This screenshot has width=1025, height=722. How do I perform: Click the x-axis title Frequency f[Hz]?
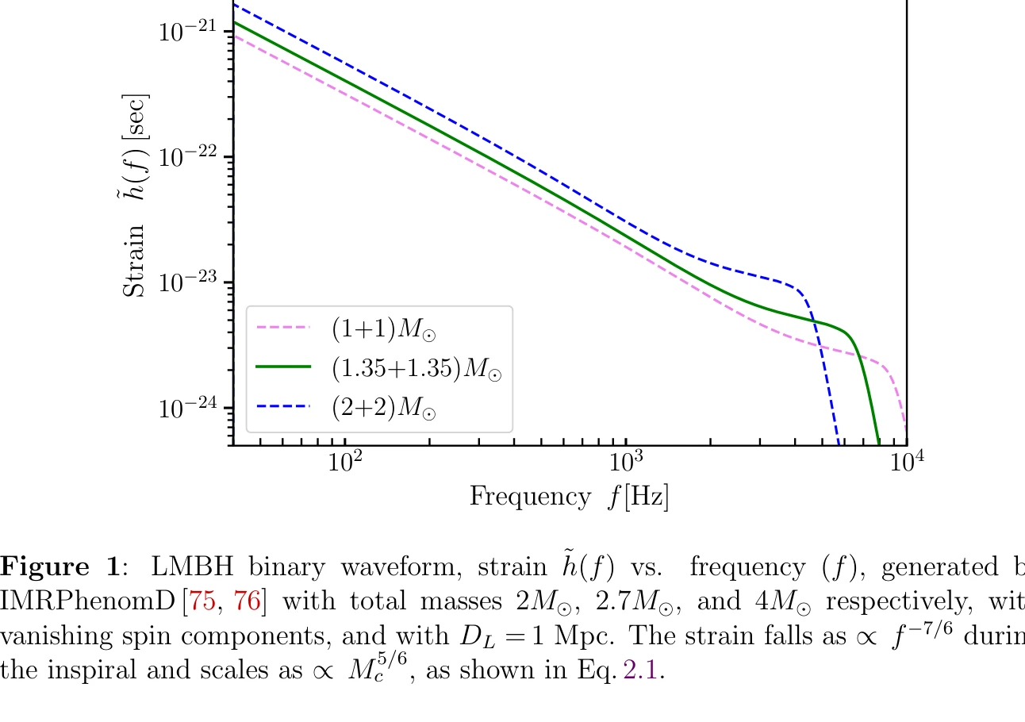point(570,497)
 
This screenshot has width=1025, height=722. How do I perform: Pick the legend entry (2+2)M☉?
point(385,409)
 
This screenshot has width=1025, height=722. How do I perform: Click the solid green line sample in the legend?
point(282,367)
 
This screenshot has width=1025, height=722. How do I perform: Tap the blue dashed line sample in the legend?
point(282,408)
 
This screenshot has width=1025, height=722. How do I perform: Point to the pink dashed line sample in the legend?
point(282,326)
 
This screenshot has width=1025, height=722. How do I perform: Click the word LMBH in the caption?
point(189,567)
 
